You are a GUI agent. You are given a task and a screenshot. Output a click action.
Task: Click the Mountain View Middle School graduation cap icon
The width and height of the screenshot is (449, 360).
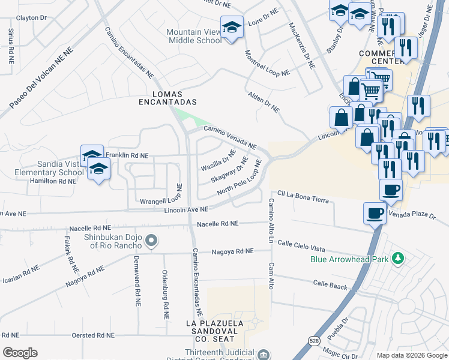click(x=232, y=28)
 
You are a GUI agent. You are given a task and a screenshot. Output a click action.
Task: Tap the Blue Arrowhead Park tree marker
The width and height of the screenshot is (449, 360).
click(x=397, y=259)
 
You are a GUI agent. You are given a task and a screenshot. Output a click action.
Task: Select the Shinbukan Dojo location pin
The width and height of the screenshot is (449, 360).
click(x=151, y=241)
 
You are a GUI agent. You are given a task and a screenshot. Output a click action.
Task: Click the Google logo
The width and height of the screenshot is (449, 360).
click(x=20, y=353)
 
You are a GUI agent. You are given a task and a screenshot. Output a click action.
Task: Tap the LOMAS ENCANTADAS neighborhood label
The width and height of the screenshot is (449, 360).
click(x=175, y=98)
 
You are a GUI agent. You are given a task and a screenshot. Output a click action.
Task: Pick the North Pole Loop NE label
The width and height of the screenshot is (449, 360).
click(x=240, y=178)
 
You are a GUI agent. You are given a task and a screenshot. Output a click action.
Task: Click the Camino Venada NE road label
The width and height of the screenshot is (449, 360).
click(x=230, y=137)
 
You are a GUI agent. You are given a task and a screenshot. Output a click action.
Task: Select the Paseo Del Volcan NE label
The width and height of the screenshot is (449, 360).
click(x=40, y=79)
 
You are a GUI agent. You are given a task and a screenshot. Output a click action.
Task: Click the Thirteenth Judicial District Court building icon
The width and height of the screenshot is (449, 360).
click(x=263, y=355)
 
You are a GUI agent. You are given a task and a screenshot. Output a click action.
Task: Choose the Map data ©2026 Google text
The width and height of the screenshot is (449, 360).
click(x=411, y=355)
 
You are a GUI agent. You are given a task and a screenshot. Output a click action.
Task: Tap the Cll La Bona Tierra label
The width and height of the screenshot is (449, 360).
click(x=303, y=197)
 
